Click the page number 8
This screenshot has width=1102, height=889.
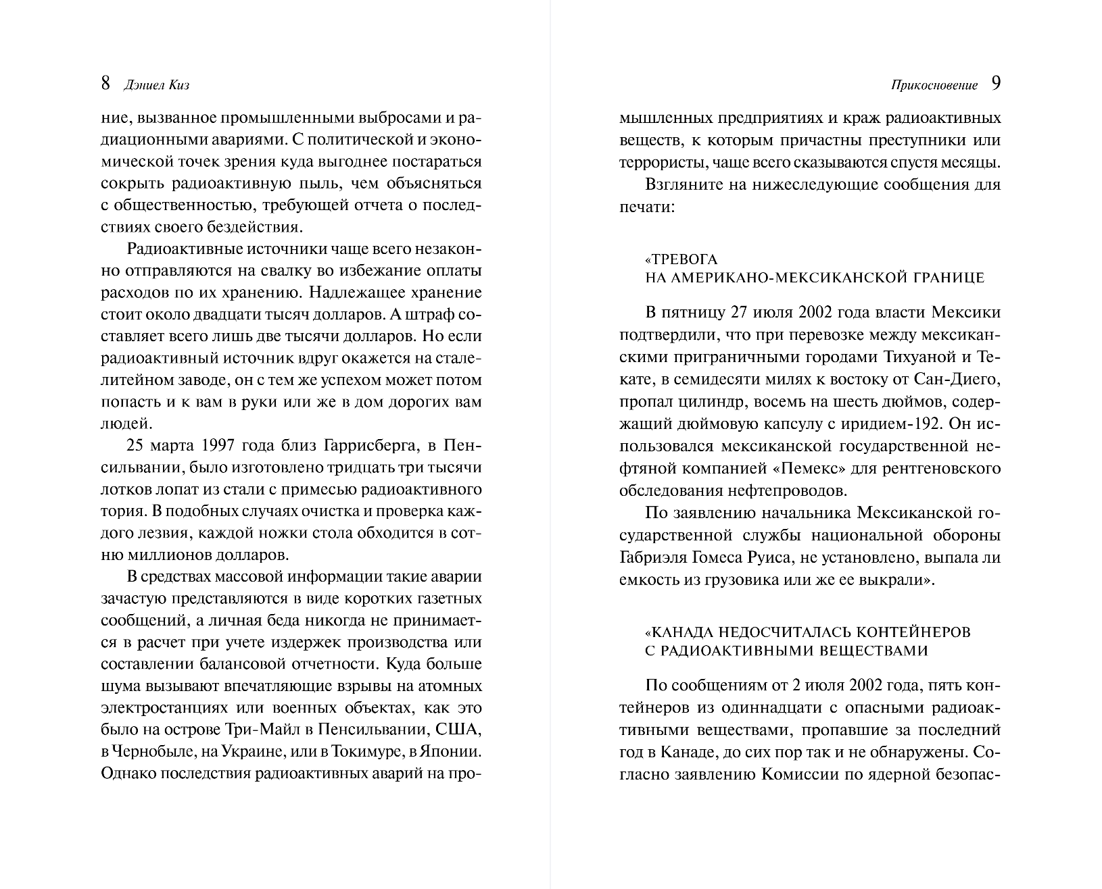tap(105, 83)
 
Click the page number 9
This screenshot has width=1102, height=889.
tap(995, 83)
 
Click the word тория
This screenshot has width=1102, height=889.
tap(120, 512)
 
